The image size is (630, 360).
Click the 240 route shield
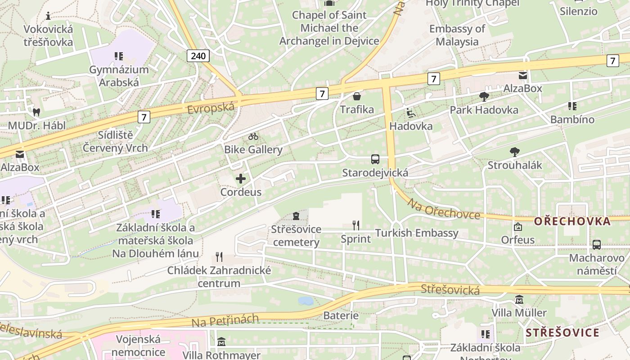point(198,56)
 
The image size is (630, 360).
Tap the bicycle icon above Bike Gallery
point(253,136)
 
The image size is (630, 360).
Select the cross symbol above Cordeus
point(241,179)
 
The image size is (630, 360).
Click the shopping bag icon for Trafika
point(357,96)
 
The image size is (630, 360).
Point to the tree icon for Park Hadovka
point(484,96)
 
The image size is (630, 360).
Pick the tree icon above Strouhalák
point(515,152)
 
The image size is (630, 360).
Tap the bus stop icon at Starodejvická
point(375,159)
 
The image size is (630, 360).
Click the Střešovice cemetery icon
point(296,216)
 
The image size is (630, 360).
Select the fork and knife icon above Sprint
point(355,225)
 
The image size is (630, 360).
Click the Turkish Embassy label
point(417,233)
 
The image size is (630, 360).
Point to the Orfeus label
point(518,240)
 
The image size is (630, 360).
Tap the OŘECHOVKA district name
point(572,221)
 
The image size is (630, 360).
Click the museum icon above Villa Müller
point(519,300)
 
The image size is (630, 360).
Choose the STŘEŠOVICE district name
point(562,333)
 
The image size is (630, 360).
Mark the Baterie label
point(341,316)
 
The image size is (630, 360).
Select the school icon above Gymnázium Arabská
point(119,56)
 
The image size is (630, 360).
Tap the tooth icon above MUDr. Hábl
point(36,112)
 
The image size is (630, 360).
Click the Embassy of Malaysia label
point(457,35)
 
